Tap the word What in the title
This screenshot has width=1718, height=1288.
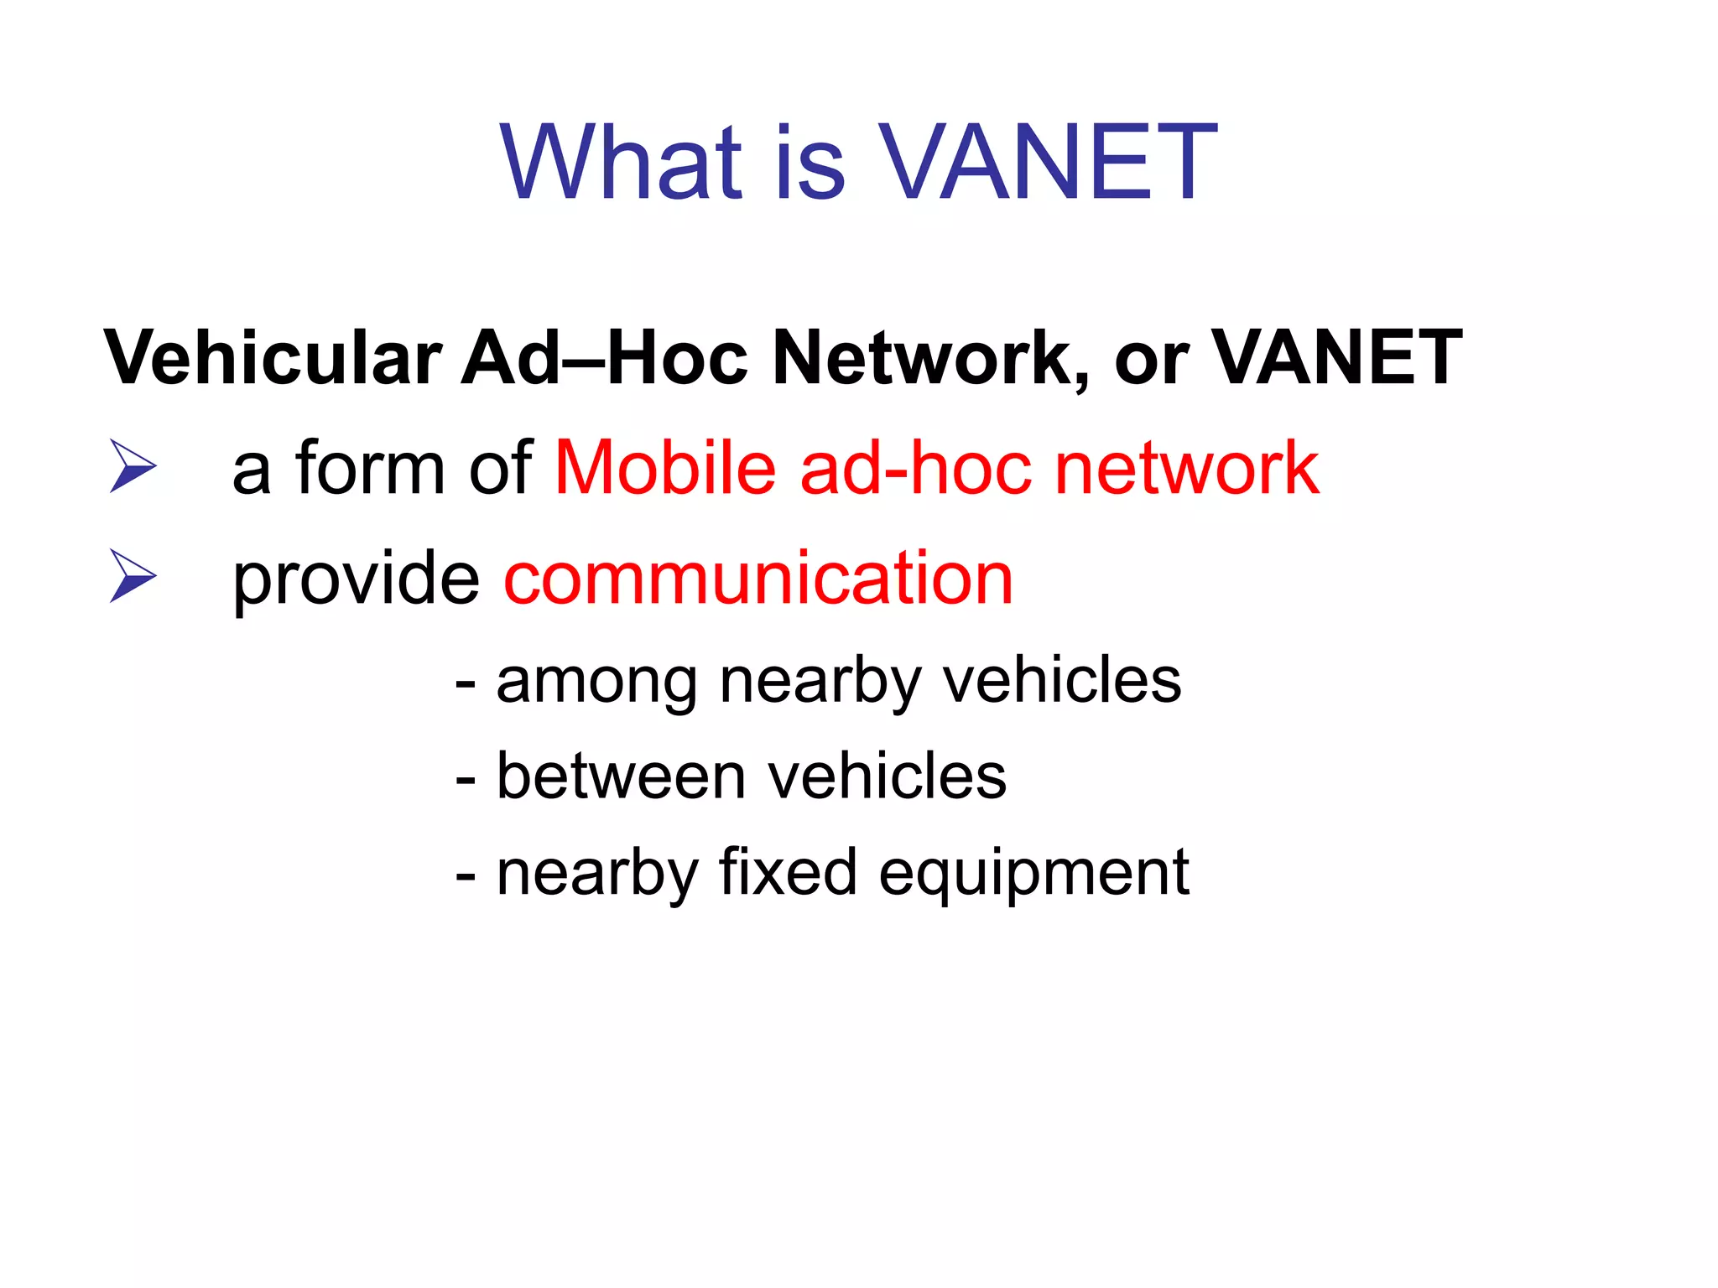click(x=621, y=163)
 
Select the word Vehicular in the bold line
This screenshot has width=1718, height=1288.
click(x=273, y=358)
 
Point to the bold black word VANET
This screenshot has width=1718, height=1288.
click(x=1337, y=358)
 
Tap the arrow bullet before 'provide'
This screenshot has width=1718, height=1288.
click(x=133, y=576)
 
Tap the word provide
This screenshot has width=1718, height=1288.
click(x=356, y=580)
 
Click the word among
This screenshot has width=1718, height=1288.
click(x=596, y=682)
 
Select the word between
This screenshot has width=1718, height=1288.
click(x=621, y=776)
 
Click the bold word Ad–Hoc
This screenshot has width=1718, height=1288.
click(x=604, y=358)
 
